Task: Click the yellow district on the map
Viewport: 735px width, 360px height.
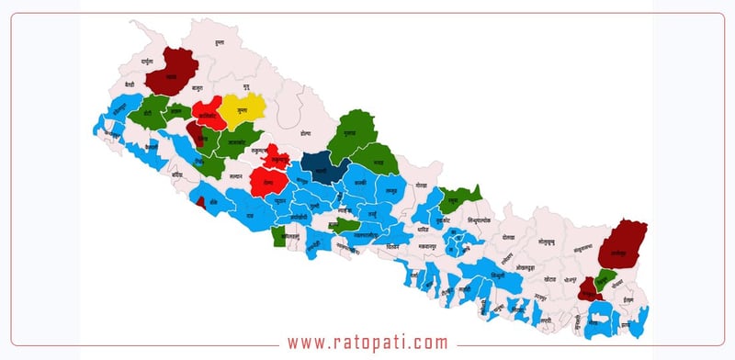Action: [241, 110]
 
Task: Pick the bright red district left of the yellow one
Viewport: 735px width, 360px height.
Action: [208, 117]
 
